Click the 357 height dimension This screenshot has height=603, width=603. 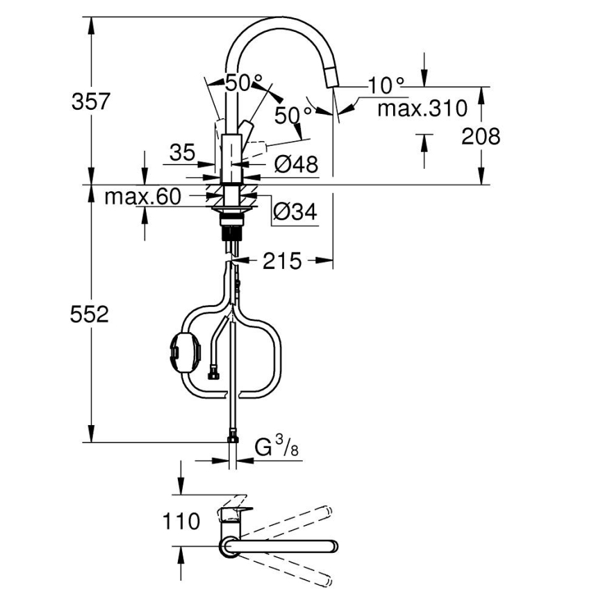(91, 101)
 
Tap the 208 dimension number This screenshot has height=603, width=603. (481, 136)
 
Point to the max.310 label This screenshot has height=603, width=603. (422, 108)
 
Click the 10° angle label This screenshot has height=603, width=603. (386, 86)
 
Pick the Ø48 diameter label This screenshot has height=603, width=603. (295, 165)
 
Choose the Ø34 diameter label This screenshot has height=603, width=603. (295, 212)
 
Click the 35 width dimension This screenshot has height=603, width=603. (183, 153)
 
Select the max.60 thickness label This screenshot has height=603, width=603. (142, 197)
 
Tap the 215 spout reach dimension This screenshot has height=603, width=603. (282, 261)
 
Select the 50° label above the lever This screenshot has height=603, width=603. (236, 83)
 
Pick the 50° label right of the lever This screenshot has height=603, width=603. (292, 115)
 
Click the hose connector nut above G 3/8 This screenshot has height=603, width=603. (232, 438)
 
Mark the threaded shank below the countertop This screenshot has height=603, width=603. (232, 227)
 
